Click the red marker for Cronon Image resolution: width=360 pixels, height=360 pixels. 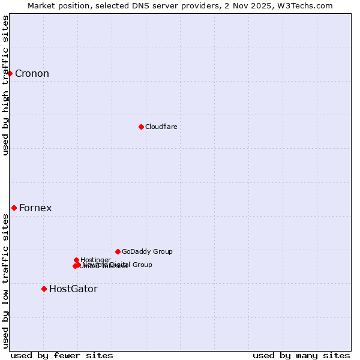coord(10,73)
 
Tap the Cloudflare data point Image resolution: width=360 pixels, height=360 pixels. coord(141,127)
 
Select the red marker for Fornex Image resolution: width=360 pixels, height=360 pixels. coord(14,208)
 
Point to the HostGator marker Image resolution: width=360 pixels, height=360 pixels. coord(44,289)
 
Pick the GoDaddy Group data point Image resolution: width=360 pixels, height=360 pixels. coord(118,251)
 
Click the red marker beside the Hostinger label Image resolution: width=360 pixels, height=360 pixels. coord(76,260)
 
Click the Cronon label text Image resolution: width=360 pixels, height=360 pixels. coord(32,74)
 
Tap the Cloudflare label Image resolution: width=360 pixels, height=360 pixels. coord(161,127)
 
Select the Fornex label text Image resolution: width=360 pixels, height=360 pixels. coord(35,208)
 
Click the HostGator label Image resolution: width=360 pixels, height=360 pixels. coord(73,289)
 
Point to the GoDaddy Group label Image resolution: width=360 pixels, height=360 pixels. coord(147,251)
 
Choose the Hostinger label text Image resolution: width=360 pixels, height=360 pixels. coord(95,260)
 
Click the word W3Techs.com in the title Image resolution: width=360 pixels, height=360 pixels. coord(308,5)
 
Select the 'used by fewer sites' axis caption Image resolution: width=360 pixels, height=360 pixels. coord(62,355)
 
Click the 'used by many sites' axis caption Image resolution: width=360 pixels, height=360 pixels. coord(301,355)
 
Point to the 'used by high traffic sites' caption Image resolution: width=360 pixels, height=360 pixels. coord(5,85)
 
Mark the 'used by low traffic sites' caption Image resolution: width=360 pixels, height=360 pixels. coord(5,281)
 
